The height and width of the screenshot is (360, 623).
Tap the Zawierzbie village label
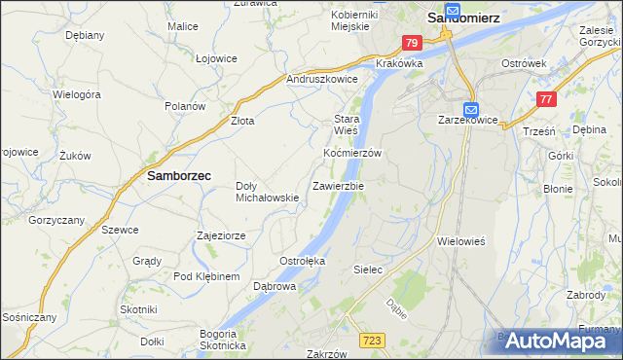[x=338, y=186]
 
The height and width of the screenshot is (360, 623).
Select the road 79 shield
[x=412, y=43]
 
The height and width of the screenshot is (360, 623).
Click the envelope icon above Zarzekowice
[x=471, y=109]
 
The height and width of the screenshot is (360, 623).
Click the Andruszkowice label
[x=322, y=79]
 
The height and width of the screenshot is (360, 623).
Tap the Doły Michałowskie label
[x=267, y=192]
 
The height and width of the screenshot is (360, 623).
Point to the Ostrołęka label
[x=302, y=261]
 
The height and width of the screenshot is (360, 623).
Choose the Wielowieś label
[x=461, y=238]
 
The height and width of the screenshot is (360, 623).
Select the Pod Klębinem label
[x=206, y=277]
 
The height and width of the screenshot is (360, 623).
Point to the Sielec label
[x=367, y=267]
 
